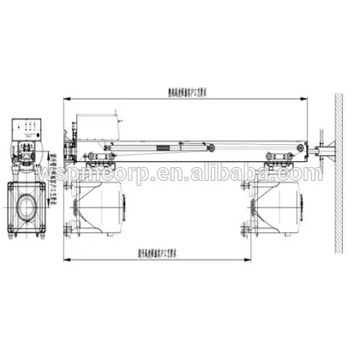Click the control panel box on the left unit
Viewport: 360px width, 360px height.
32,129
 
